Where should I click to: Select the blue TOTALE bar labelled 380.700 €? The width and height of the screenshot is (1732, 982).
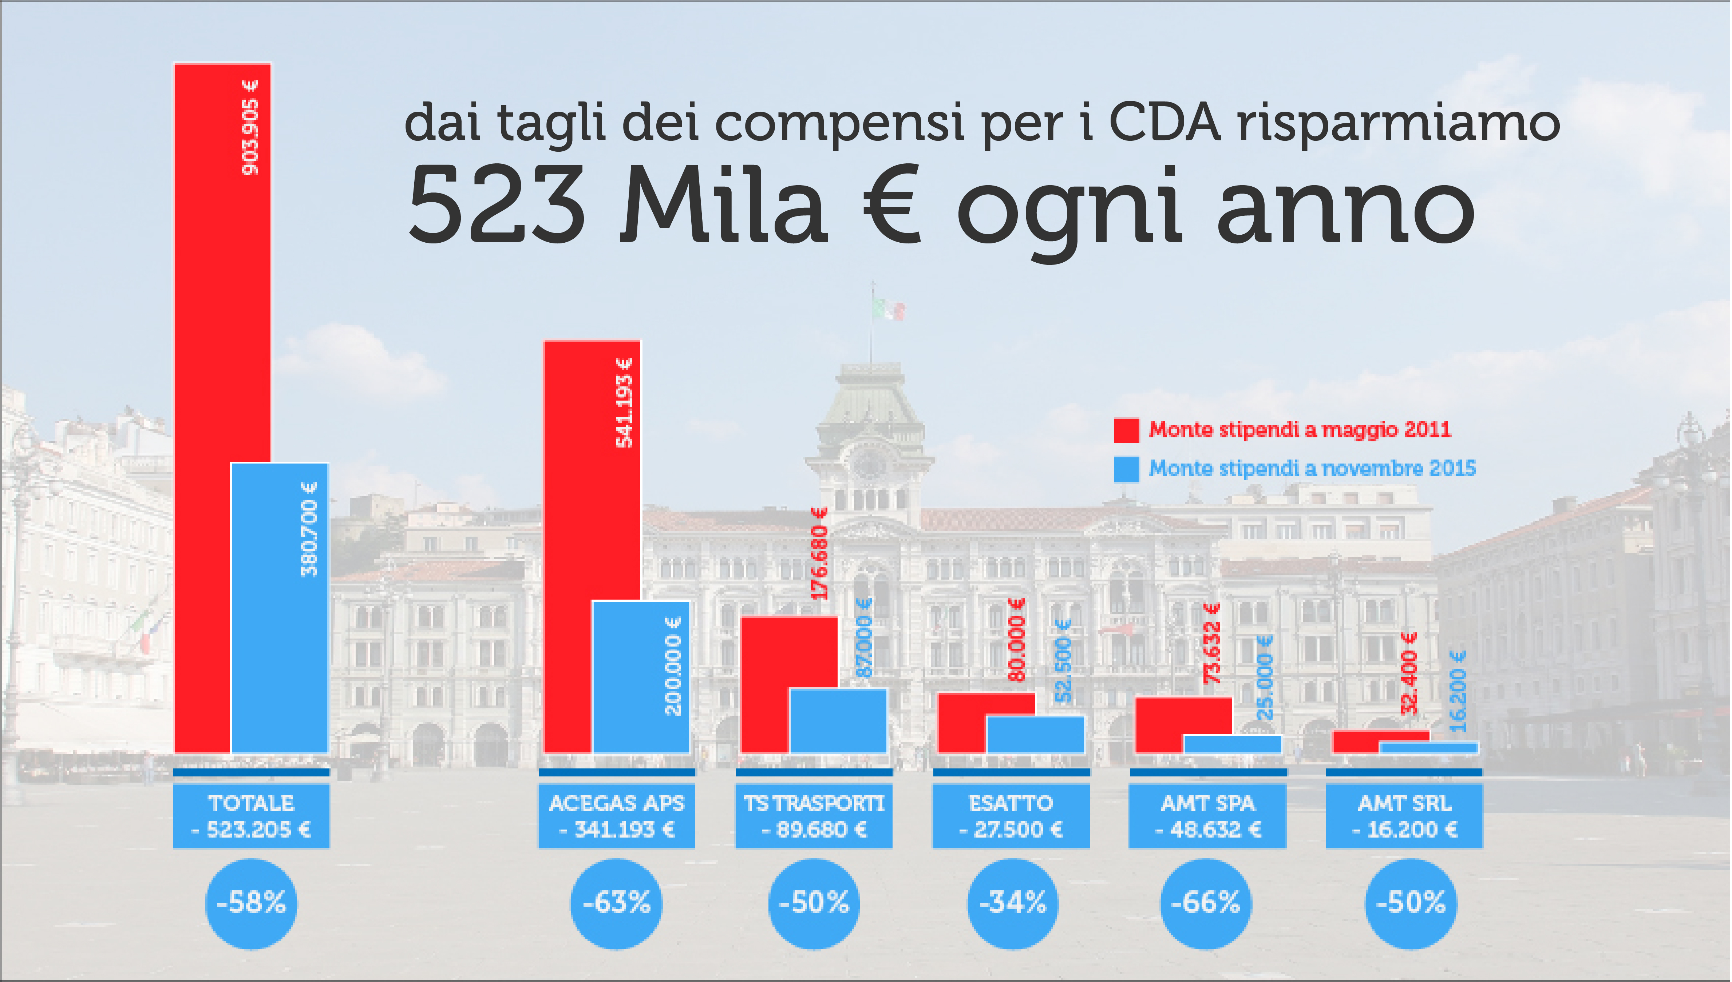[279, 607]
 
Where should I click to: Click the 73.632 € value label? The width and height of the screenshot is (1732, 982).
[1213, 643]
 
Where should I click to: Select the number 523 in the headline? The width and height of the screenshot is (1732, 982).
[496, 206]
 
